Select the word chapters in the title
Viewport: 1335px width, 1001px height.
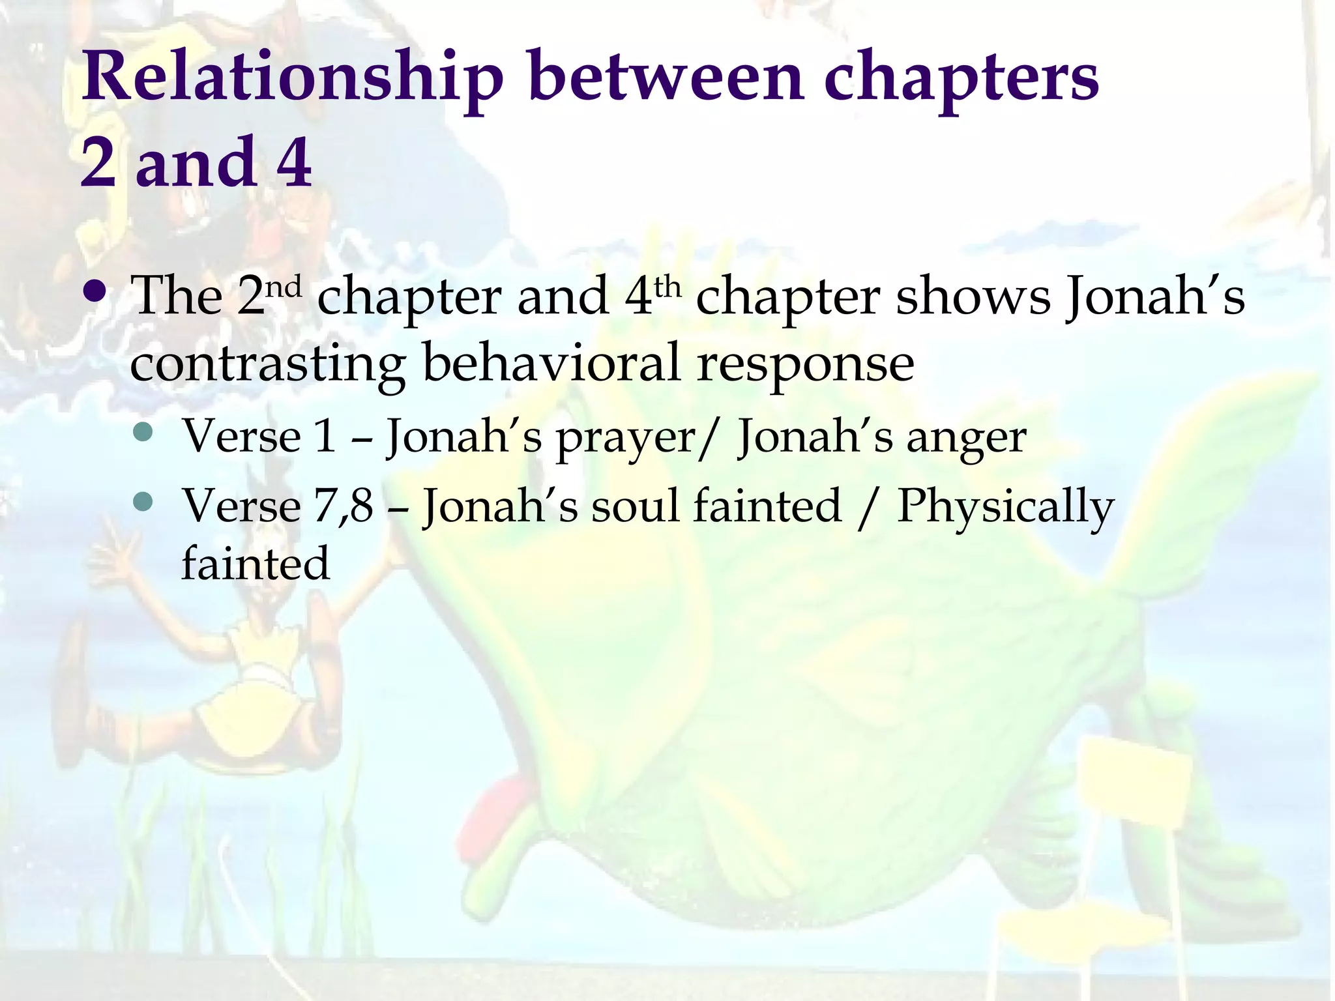[x=961, y=79]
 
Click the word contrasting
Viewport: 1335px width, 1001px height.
[x=267, y=364]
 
